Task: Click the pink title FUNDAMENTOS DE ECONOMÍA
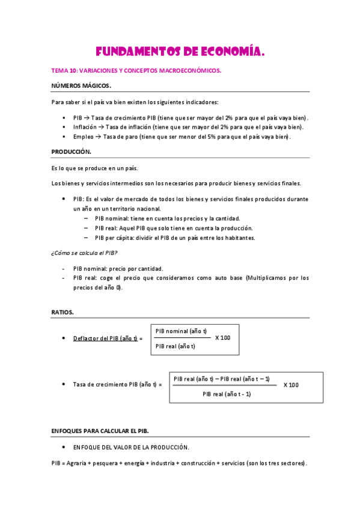point(180,52)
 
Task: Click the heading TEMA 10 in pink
point(60,70)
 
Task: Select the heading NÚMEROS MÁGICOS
point(81,85)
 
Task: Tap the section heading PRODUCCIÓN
point(72,152)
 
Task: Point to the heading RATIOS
point(63,312)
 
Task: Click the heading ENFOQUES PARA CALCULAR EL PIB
point(100,432)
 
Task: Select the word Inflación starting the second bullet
point(84,127)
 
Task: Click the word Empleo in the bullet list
point(83,137)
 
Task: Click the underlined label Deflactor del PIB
point(106,339)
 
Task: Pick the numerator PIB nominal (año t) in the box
point(181,331)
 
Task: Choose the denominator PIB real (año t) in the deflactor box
point(175,346)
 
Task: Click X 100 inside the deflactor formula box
point(222,337)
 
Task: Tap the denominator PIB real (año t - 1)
point(227,394)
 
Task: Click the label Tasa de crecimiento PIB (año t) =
point(117,384)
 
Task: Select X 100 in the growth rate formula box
point(291,384)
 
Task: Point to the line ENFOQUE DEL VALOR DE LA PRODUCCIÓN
point(131,447)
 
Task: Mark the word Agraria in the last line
point(78,463)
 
